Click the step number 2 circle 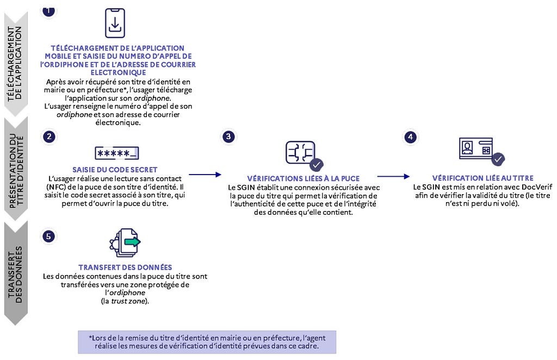pyautogui.click(x=49, y=136)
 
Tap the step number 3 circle pyautogui.click(x=228, y=136)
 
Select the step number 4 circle pyautogui.click(x=411, y=137)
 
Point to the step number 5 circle pyautogui.click(x=48, y=237)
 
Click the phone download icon pyautogui.click(x=115, y=23)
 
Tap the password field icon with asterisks pyautogui.click(x=117, y=153)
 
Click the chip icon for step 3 pyautogui.click(x=300, y=153)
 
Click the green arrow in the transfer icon pyautogui.click(x=132, y=242)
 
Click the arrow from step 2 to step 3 pyautogui.click(x=205, y=175)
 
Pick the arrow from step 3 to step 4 pyautogui.click(x=393, y=176)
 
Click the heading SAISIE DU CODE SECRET pyautogui.click(x=115, y=170)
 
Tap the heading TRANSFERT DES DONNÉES pyautogui.click(x=125, y=268)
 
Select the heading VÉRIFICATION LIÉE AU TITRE pyautogui.click(x=483, y=178)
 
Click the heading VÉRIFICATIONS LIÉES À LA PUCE pyautogui.click(x=304, y=178)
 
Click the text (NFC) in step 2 pyautogui.click(x=54, y=187)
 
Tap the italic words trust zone pyautogui.click(x=128, y=301)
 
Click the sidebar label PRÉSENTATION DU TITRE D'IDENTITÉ pyautogui.click(x=16, y=170)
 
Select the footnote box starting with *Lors pyautogui.click(x=207, y=342)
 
